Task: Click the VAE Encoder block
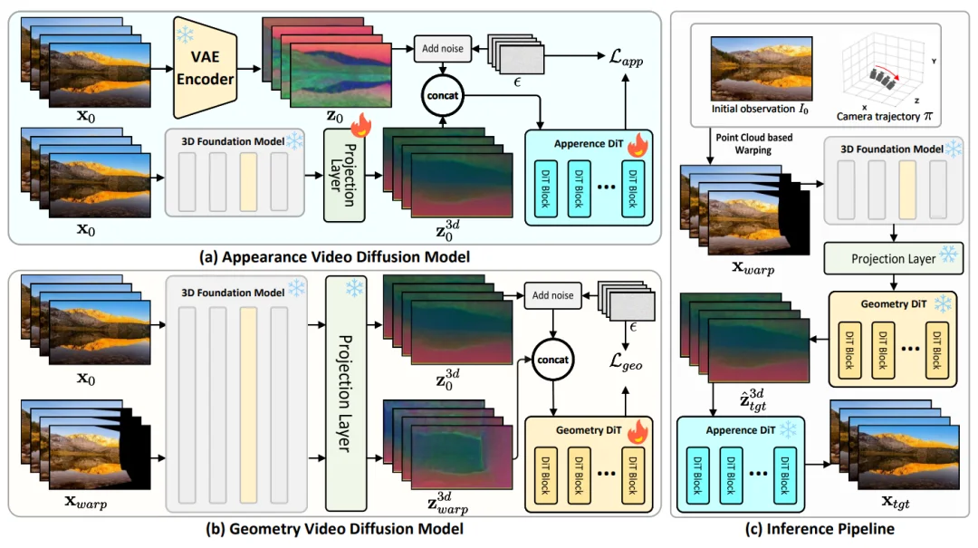206,67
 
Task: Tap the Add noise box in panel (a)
442,49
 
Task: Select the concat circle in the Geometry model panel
552,361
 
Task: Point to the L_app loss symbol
626,58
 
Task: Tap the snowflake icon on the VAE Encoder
185,34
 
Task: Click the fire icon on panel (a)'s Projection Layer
360,126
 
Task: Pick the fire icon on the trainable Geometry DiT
638,430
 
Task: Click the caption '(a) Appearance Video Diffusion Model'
334,257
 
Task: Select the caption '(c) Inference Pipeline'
820,529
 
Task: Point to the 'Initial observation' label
760,110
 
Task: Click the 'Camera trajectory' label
885,116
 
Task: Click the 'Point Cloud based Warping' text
753,143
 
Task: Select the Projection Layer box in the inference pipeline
893,258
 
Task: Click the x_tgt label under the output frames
895,501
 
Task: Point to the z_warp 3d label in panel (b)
447,503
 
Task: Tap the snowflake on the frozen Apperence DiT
789,429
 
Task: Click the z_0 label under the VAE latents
334,116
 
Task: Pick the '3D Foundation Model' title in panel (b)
233,293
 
